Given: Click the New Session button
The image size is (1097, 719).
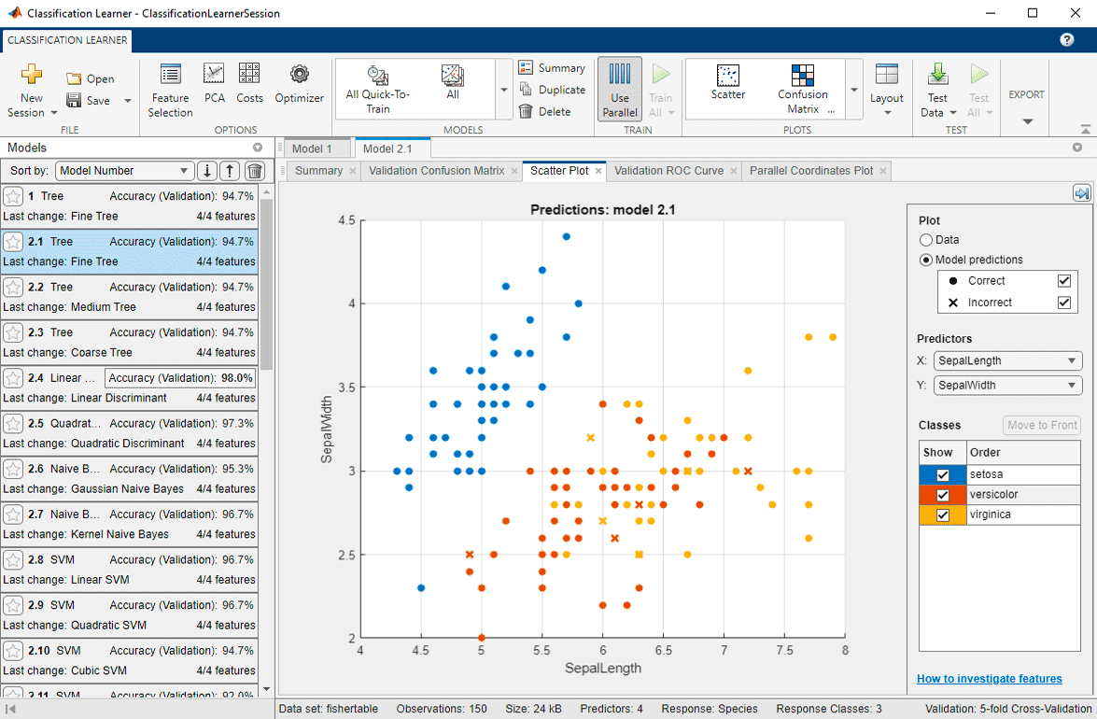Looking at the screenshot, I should pos(32,92).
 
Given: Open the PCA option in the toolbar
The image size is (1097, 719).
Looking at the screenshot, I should pos(215,83).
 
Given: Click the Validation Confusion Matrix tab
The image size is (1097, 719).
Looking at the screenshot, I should pos(436,171).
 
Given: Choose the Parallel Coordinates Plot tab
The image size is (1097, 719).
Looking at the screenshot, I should pos(811,171).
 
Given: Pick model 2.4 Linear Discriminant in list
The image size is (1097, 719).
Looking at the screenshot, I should pos(131,388).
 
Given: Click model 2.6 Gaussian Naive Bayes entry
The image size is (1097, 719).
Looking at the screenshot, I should pos(131,478).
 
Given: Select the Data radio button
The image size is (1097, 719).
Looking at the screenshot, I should pos(926,240).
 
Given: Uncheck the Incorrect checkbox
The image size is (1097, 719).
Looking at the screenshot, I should pos(1063,303).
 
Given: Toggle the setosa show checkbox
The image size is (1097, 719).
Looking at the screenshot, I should pos(943,475).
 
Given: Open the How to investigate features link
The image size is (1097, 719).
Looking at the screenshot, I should pos(989,679).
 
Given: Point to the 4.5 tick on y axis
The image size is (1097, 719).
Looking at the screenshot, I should pos(347,220).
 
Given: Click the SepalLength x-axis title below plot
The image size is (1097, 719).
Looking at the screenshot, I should pos(602,669).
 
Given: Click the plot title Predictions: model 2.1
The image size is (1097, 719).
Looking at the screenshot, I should pos(602,210).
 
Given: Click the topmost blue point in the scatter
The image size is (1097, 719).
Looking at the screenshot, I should pos(566,237).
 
